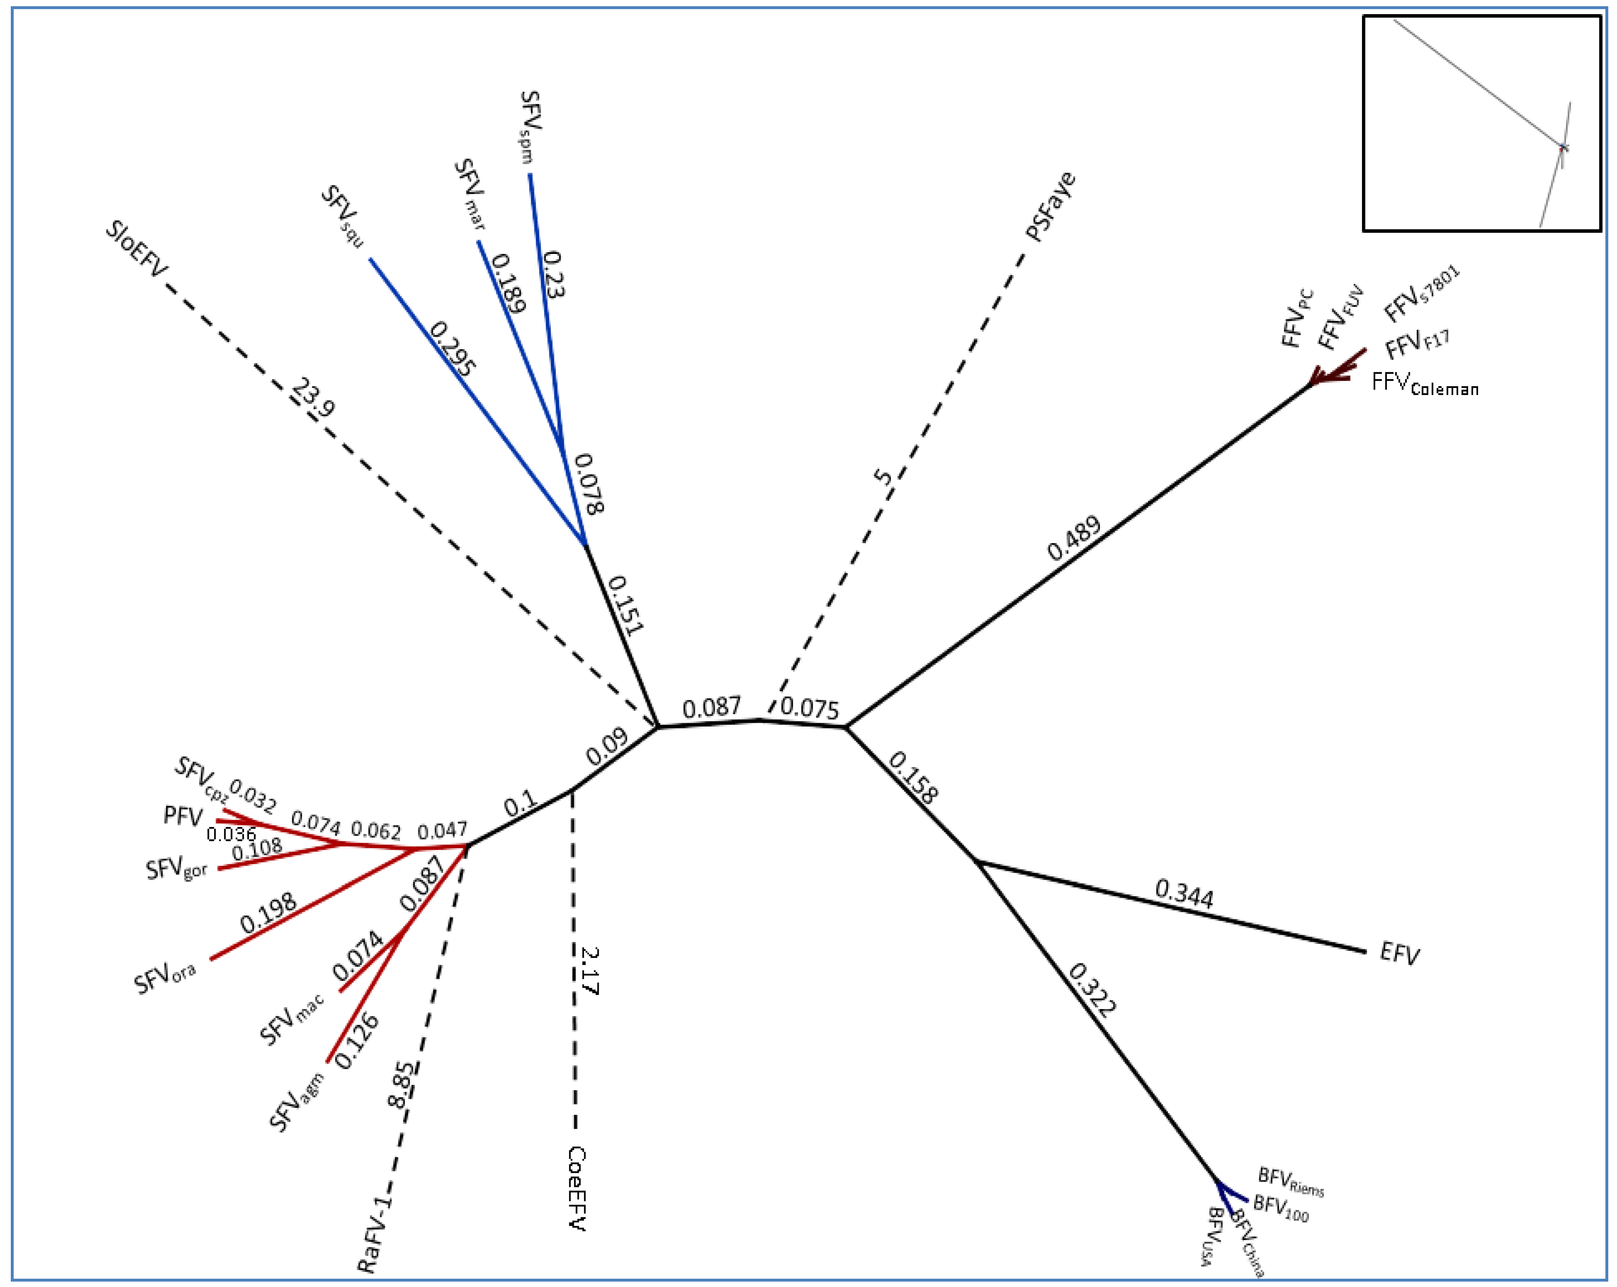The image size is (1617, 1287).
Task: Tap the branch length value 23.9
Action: click(x=313, y=398)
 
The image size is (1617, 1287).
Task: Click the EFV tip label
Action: click(x=1399, y=955)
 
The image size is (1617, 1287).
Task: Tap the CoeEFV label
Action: click(x=576, y=1188)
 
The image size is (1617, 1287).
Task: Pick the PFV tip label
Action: click(x=183, y=816)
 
